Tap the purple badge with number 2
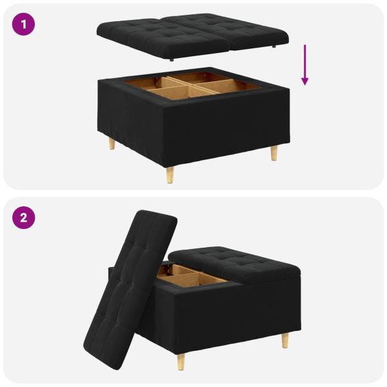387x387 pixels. [24, 217]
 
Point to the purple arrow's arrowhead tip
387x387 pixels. [304, 84]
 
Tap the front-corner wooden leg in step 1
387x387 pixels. [170, 174]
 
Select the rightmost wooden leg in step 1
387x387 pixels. [274, 154]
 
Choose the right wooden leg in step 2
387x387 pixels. [284, 340]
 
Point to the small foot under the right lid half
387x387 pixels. [275, 48]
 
